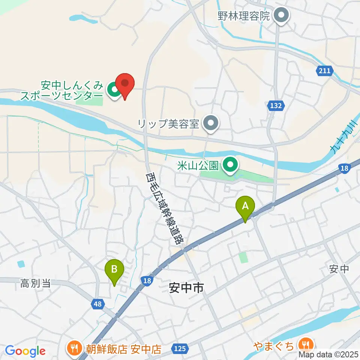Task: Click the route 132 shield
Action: pos(276,106)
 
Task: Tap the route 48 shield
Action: pos(97,304)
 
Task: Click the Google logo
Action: pos(25,351)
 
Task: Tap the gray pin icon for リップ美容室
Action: pos(211,123)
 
